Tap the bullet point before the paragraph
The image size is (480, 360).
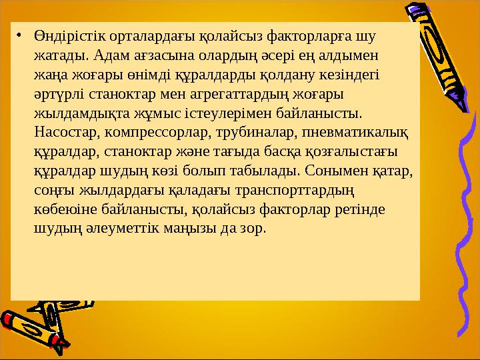click(x=19, y=36)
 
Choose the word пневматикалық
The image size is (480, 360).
click(x=355, y=133)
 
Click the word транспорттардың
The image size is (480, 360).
click(x=295, y=191)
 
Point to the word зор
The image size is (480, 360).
click(x=253, y=229)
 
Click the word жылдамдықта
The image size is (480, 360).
click(x=82, y=113)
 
